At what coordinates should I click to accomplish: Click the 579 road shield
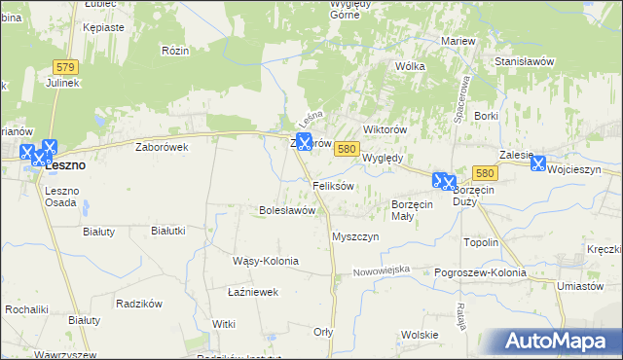tap(65, 66)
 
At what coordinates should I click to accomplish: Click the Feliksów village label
tap(332, 185)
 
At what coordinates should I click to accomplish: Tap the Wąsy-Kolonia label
tap(265, 261)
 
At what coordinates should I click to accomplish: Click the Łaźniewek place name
tap(253, 291)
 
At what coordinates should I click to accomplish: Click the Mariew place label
tap(458, 41)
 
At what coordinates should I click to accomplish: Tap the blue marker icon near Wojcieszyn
tap(537, 164)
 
